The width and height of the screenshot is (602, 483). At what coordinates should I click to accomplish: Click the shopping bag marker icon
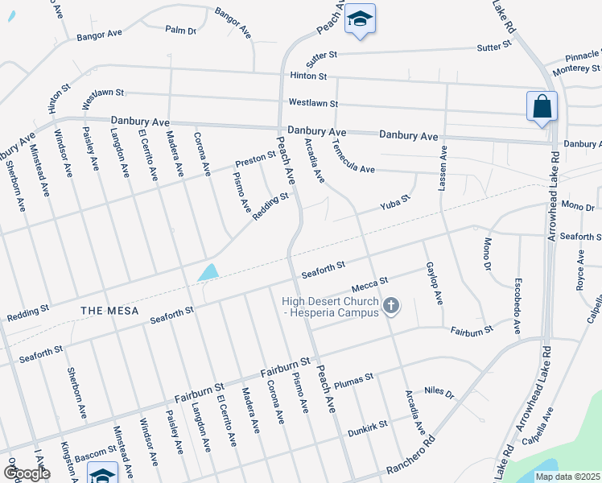(x=542, y=107)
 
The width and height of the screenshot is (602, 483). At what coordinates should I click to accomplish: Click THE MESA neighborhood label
(x=109, y=310)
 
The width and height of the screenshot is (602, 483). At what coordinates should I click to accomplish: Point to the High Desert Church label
(x=330, y=307)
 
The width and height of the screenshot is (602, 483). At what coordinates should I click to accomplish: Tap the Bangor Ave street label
(x=98, y=35)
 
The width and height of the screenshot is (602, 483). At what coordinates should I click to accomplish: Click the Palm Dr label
(x=180, y=30)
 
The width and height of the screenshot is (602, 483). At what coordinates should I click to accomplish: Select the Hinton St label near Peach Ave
(x=308, y=76)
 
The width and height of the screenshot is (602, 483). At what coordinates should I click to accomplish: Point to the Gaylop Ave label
(x=435, y=283)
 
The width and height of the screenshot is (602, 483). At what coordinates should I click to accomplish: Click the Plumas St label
(x=353, y=378)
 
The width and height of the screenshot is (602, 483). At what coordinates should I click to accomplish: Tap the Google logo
(x=27, y=473)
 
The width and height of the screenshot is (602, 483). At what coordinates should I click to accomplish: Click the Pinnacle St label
(x=582, y=57)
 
